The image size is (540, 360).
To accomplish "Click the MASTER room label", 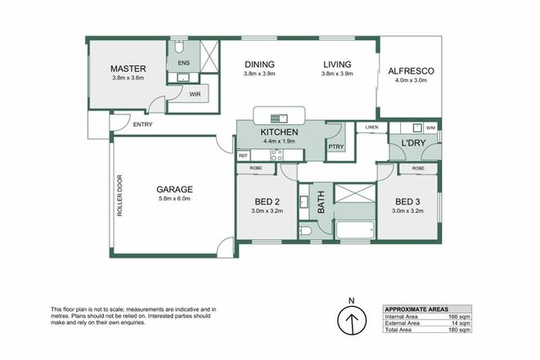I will pyautogui.click(x=128, y=69).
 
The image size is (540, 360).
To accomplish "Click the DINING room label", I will pyautogui.click(x=259, y=65).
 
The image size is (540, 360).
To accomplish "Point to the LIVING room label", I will pyautogui.click(x=336, y=65).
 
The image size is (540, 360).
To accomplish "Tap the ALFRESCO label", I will pyautogui.click(x=410, y=71).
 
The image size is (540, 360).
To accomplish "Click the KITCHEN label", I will pyautogui.click(x=279, y=132).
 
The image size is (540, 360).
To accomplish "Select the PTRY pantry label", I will pyautogui.click(x=335, y=146).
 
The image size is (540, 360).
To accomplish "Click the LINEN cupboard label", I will pyautogui.click(x=371, y=128).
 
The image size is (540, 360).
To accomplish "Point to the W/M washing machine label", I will pyautogui.click(x=430, y=128).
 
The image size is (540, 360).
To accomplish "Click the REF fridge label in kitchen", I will pyautogui.click(x=243, y=155).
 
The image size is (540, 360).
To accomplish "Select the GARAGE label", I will pyautogui.click(x=174, y=190).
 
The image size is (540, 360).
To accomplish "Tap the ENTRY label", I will pyautogui.click(x=142, y=124).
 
